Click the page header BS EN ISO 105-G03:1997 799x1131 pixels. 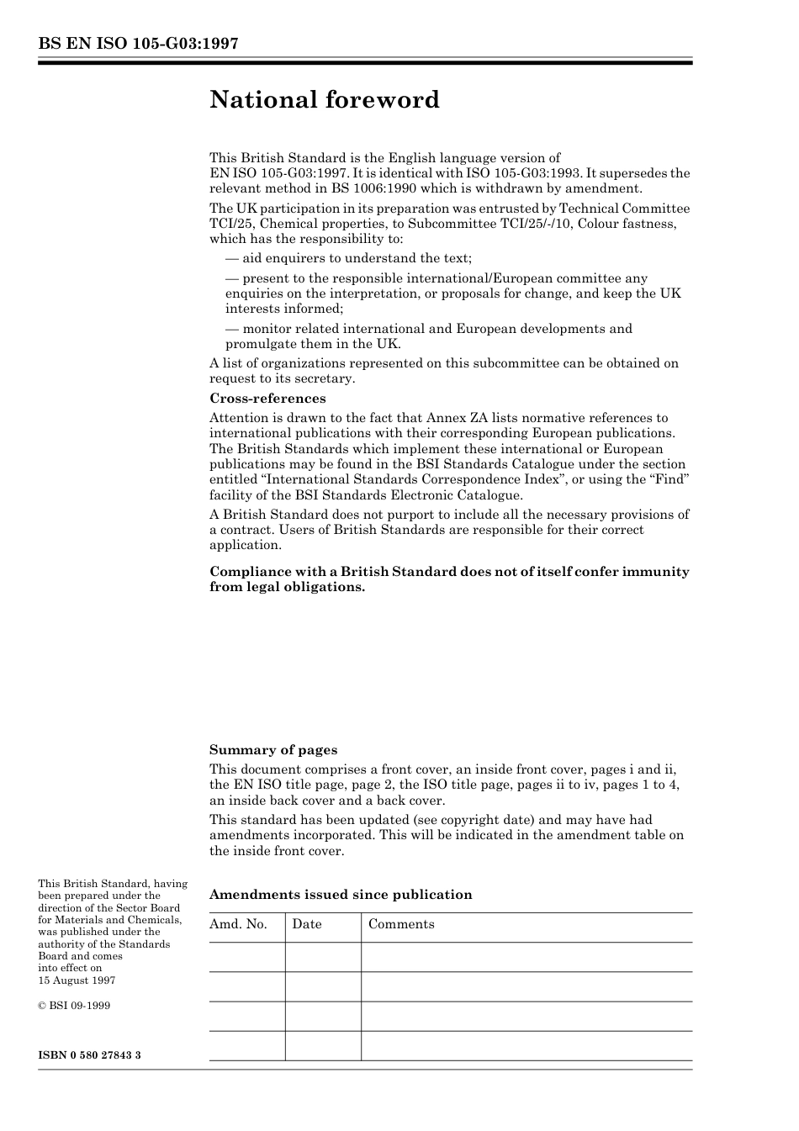138,44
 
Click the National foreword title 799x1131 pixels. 325,100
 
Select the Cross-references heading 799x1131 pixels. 267,399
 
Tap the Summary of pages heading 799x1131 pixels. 273,750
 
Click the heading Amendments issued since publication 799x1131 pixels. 341,895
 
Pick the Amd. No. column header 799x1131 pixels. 238,924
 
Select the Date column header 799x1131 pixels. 307,924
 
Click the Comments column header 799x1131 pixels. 401,924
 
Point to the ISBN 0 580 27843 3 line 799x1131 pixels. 89,1054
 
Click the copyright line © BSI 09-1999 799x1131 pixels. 74,1006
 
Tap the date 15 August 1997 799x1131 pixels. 77,980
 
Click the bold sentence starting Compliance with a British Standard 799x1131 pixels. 449,579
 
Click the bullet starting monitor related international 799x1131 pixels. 429,336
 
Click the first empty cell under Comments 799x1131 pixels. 526,957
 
